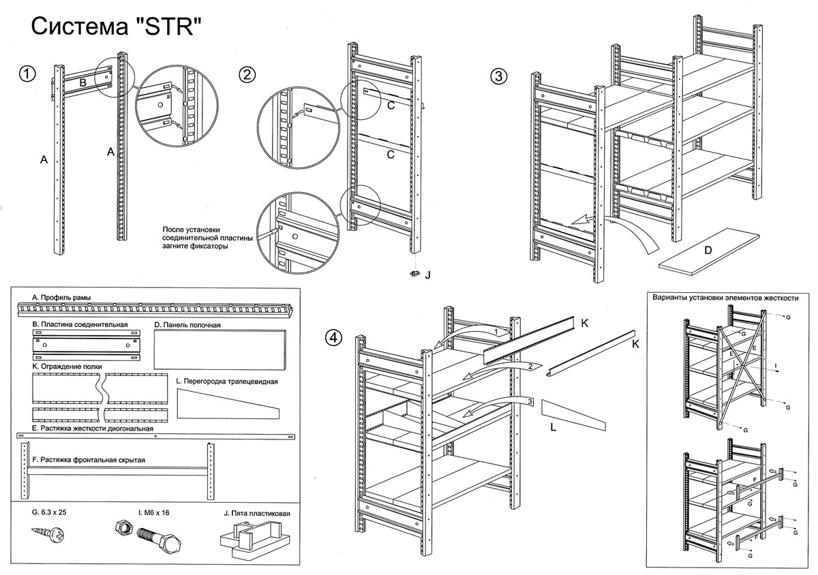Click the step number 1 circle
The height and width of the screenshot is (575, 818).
(x=27, y=74)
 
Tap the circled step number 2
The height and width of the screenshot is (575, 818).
(x=247, y=76)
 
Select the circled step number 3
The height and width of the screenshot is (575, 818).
(x=499, y=76)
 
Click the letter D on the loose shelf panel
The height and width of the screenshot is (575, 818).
(x=708, y=250)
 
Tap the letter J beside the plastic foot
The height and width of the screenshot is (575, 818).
(x=427, y=275)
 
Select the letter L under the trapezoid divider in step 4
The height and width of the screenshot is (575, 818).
(x=554, y=430)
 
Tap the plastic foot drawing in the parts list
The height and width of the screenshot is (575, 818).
(x=254, y=540)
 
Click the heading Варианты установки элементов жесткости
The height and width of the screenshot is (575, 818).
(x=725, y=298)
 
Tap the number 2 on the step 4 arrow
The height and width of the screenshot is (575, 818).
(x=529, y=367)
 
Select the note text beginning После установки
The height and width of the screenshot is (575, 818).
(x=207, y=238)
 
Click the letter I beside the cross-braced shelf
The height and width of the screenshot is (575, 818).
(x=776, y=366)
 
